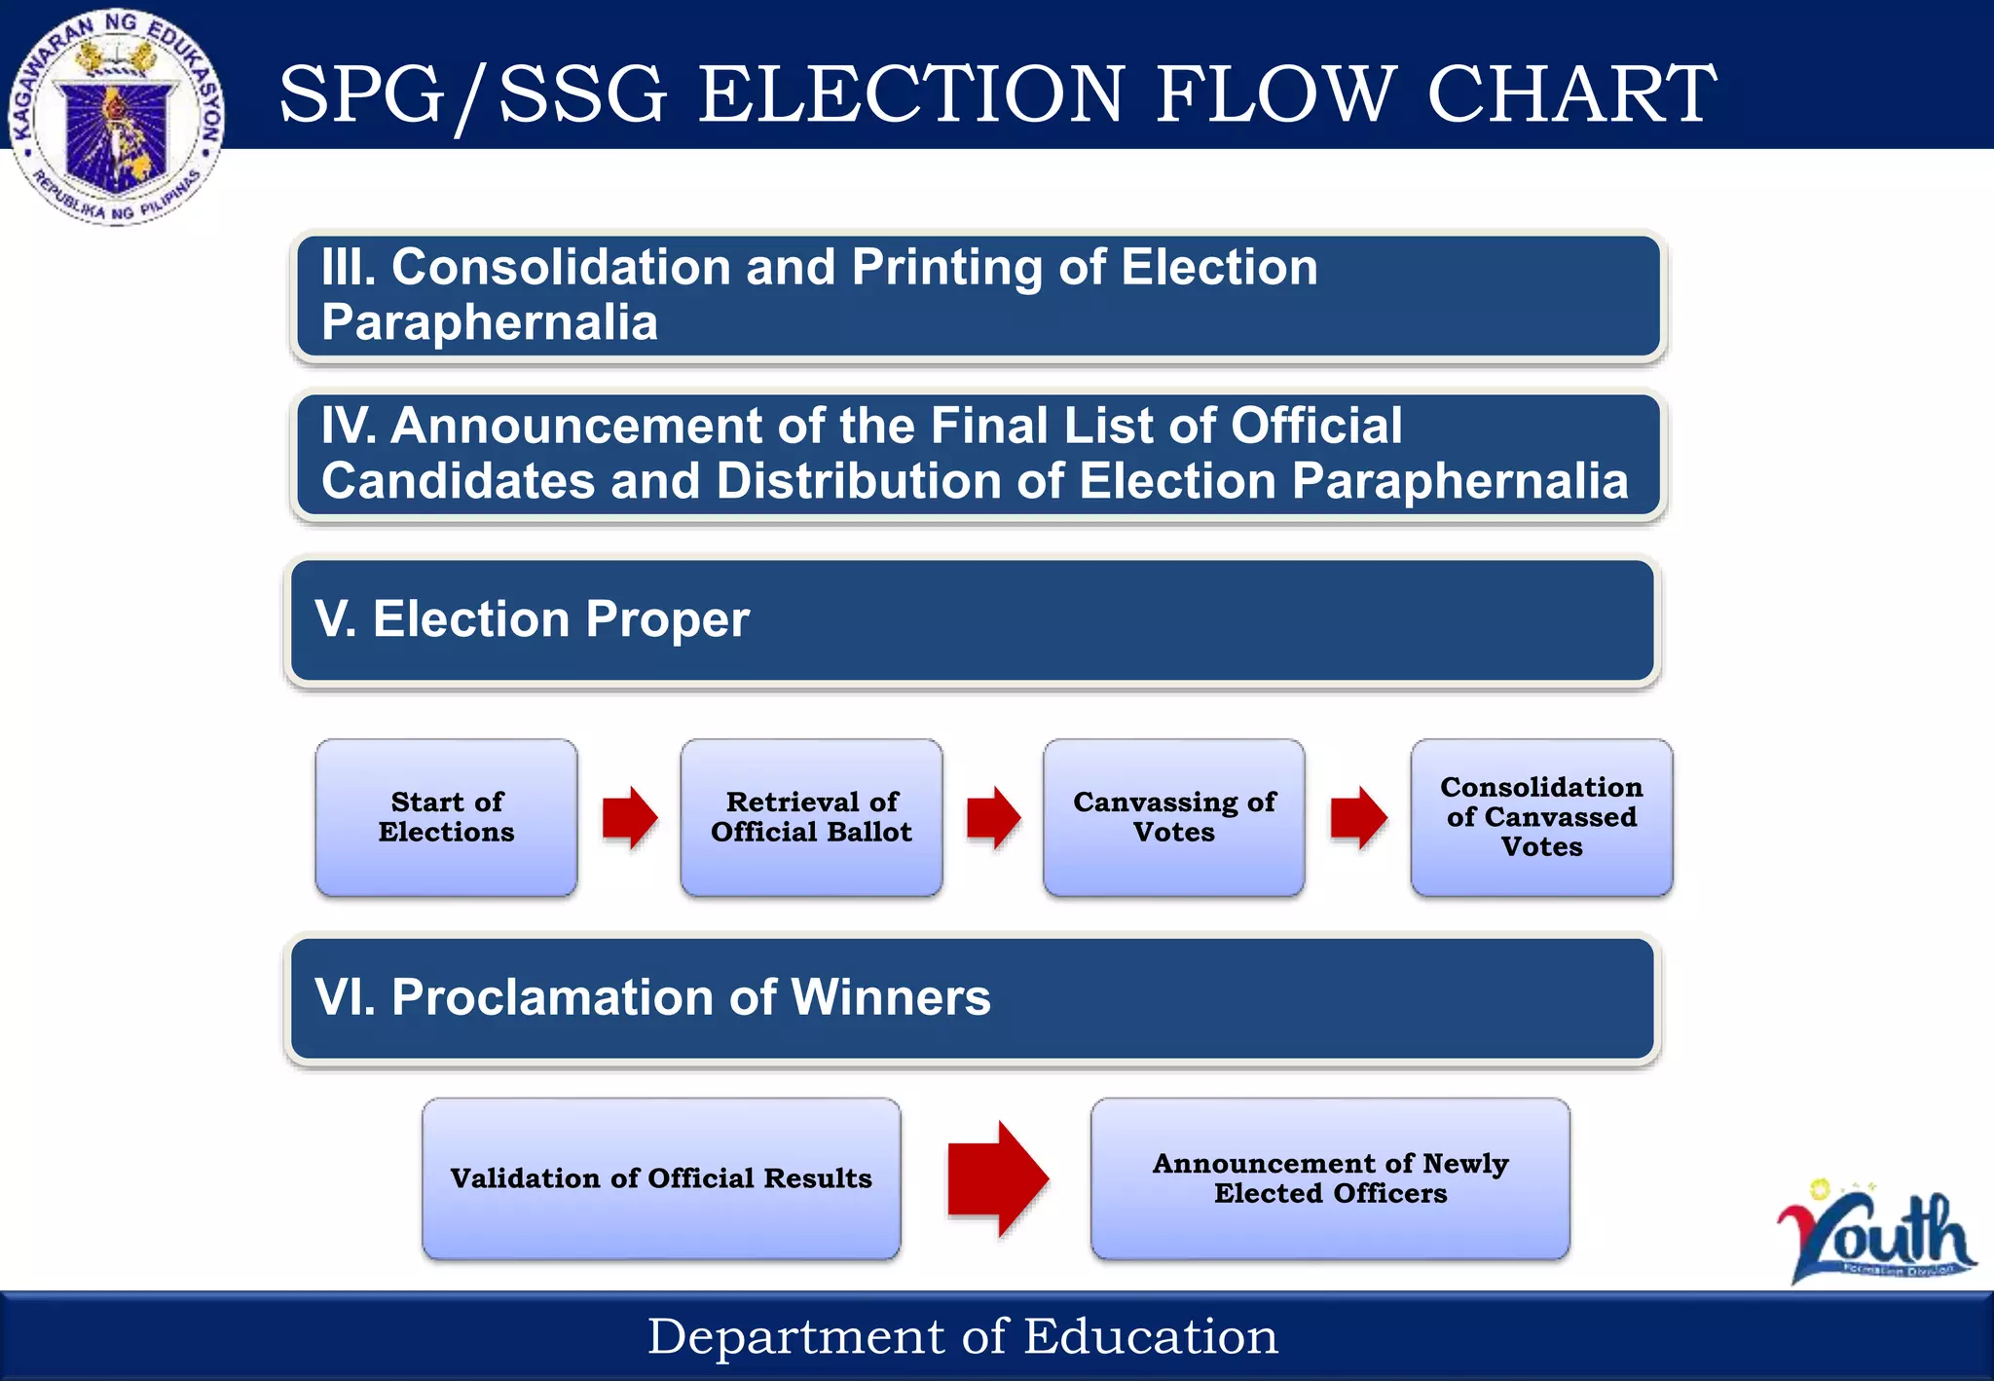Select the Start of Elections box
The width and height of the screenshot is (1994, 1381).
point(446,817)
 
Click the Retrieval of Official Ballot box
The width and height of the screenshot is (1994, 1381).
point(811,817)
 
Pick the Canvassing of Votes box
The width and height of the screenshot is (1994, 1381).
point(1173,817)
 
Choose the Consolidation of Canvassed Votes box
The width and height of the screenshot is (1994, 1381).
point(1541,817)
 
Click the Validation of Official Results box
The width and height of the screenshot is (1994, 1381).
point(661,1178)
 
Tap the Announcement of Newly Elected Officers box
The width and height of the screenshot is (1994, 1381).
point(1330,1178)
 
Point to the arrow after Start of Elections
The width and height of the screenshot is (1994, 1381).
point(629,817)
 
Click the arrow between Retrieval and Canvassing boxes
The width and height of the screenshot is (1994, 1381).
point(993,817)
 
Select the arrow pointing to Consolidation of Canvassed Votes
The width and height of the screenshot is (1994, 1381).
point(1358,817)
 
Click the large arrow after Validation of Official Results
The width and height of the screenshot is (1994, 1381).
point(996,1178)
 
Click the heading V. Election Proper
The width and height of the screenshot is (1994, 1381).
point(532,619)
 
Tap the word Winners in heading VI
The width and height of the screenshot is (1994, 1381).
point(891,997)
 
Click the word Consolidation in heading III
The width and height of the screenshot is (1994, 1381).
point(561,267)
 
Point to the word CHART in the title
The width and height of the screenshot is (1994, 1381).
point(1571,93)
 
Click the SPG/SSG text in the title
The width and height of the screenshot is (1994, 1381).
point(473,93)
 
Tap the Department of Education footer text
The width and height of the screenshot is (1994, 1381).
point(962,1336)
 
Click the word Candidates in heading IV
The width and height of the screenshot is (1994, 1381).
point(458,481)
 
